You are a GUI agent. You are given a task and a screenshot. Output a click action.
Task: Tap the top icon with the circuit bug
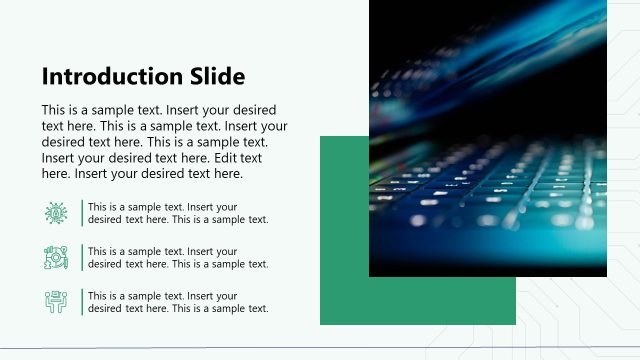(56, 212)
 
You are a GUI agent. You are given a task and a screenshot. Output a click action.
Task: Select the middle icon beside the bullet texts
(56, 257)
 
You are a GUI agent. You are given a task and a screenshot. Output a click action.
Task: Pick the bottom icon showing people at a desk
(56, 301)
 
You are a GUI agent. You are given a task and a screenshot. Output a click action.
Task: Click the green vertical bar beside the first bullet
(82, 213)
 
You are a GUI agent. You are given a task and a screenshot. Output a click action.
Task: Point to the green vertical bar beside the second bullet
(82, 257)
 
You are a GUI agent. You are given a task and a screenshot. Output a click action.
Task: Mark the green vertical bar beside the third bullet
(82, 302)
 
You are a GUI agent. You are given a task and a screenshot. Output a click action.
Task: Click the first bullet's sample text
(178, 213)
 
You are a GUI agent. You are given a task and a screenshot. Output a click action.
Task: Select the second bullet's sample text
(178, 257)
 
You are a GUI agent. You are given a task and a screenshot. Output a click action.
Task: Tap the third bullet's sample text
(178, 302)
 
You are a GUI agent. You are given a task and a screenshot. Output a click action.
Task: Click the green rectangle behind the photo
(344, 290)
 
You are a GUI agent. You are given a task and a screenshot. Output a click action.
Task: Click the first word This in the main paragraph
(55, 110)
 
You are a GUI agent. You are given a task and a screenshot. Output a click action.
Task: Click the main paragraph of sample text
(165, 142)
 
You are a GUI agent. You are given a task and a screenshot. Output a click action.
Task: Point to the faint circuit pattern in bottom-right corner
(590, 320)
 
